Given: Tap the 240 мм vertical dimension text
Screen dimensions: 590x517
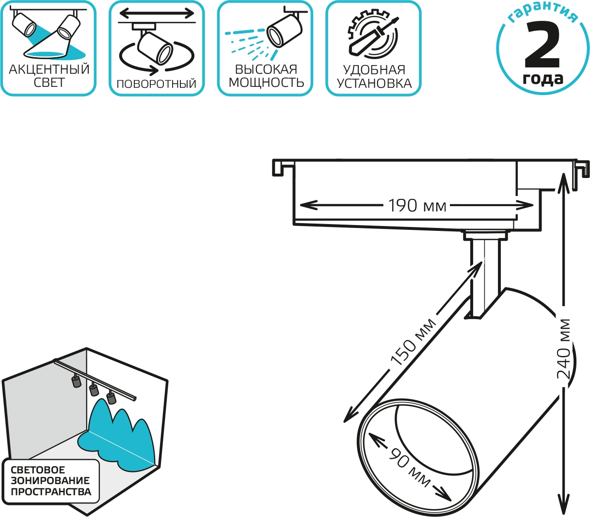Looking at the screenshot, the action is (x=563, y=350).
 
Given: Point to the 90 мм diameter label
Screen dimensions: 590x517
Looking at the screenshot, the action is (x=410, y=468).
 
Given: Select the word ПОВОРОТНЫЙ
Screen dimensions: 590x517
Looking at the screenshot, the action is (x=156, y=84).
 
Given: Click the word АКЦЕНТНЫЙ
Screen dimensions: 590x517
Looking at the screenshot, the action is (x=49, y=70).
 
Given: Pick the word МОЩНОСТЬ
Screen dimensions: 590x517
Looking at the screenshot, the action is (x=266, y=83).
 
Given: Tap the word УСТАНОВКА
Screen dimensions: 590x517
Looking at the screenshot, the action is (x=374, y=83).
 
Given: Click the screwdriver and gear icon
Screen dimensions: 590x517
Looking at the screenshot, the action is (x=373, y=36).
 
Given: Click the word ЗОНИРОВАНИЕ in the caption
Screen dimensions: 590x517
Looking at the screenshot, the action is (x=50, y=481).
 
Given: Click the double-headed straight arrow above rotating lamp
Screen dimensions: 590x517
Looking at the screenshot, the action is (x=157, y=13).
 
